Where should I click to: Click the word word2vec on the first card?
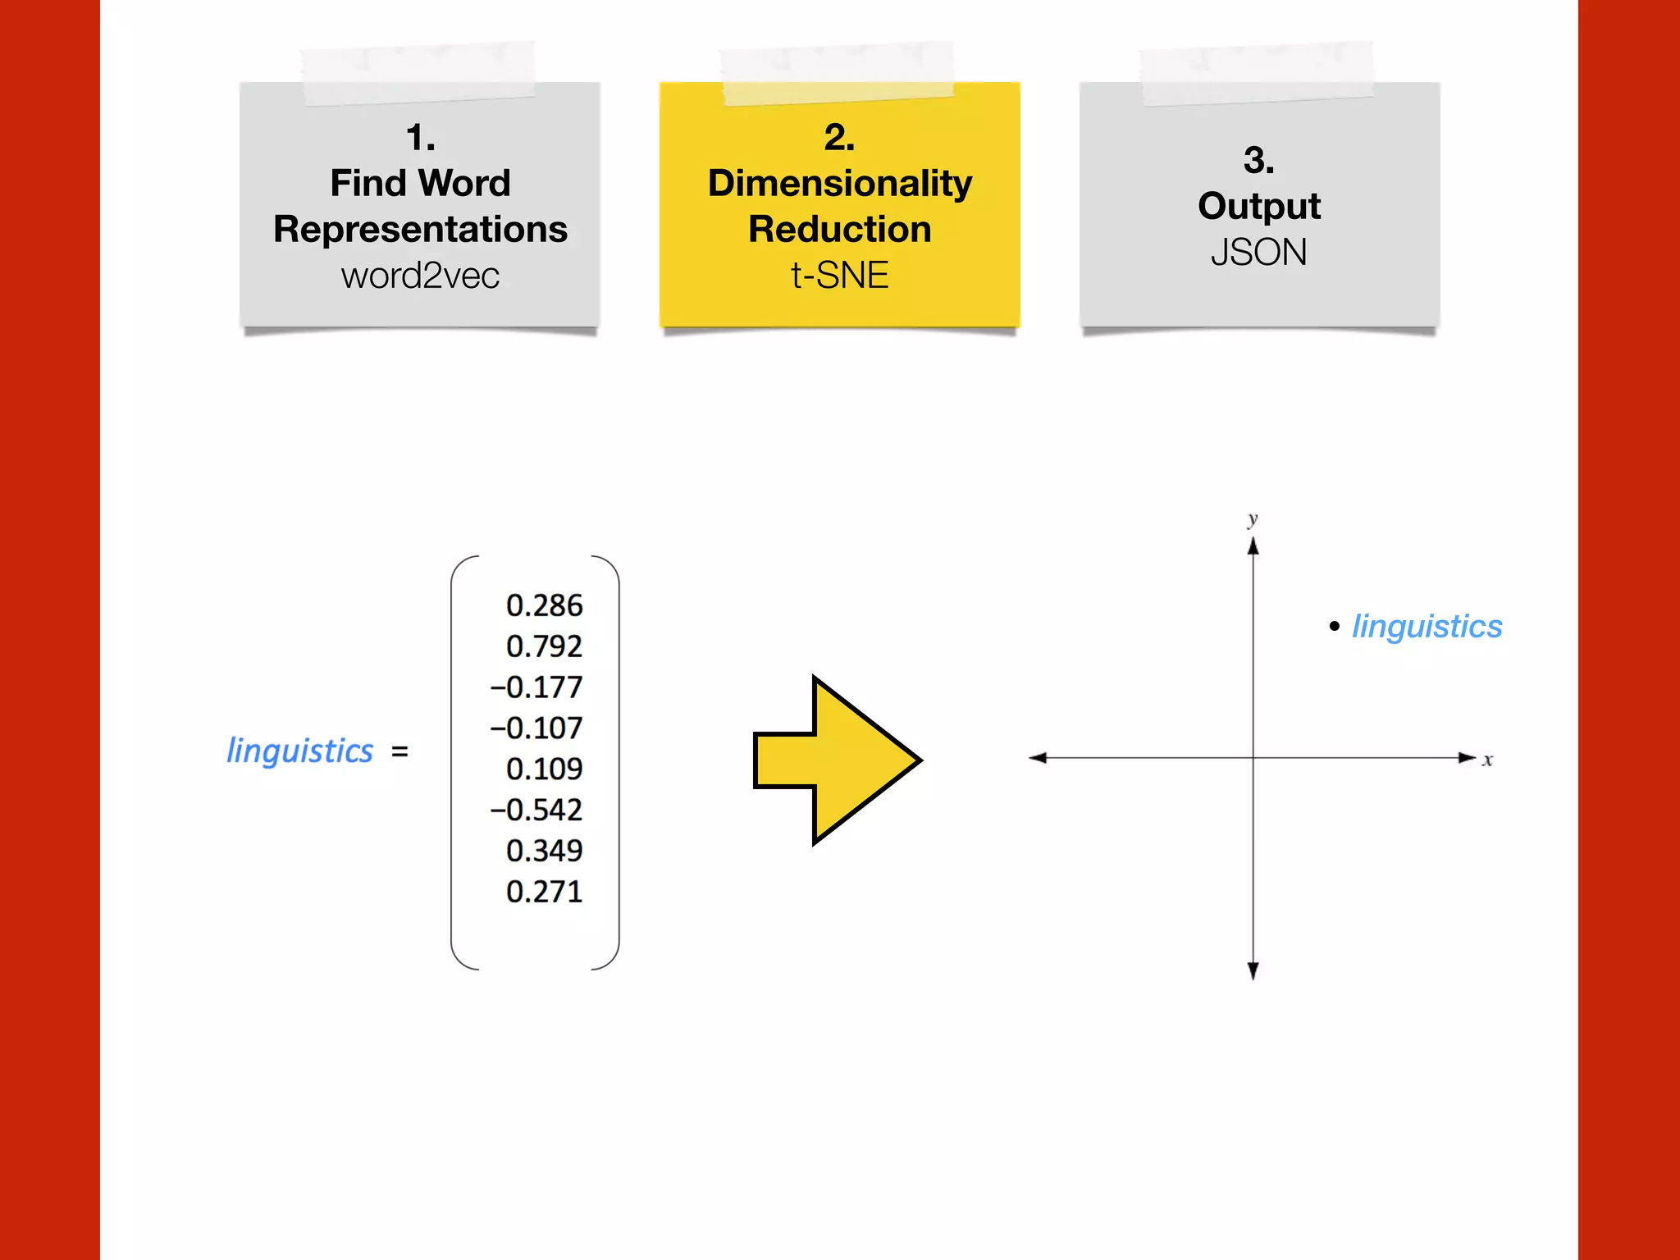pos(420,276)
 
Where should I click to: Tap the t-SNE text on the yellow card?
pos(839,276)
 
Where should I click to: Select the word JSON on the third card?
pos(1258,252)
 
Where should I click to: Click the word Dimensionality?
pos(839,183)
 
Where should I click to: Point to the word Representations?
pos(420,229)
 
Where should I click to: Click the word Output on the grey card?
pos(1258,206)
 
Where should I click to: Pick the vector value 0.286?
pos(544,605)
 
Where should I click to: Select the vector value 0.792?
pos(544,646)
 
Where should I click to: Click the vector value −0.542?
pos(536,810)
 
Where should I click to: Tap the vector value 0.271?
pos(544,892)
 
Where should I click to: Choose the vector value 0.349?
pos(544,851)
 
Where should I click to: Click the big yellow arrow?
pos(837,760)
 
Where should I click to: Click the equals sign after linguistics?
pos(399,751)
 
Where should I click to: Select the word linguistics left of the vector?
pos(299,751)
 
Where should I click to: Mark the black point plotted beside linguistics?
pos(1334,627)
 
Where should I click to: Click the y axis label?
pos(1253,519)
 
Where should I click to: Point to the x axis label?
pos(1487,760)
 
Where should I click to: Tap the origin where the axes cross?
pos(1253,758)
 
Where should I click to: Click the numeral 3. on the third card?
pos(1258,160)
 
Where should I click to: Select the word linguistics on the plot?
pos(1427,627)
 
